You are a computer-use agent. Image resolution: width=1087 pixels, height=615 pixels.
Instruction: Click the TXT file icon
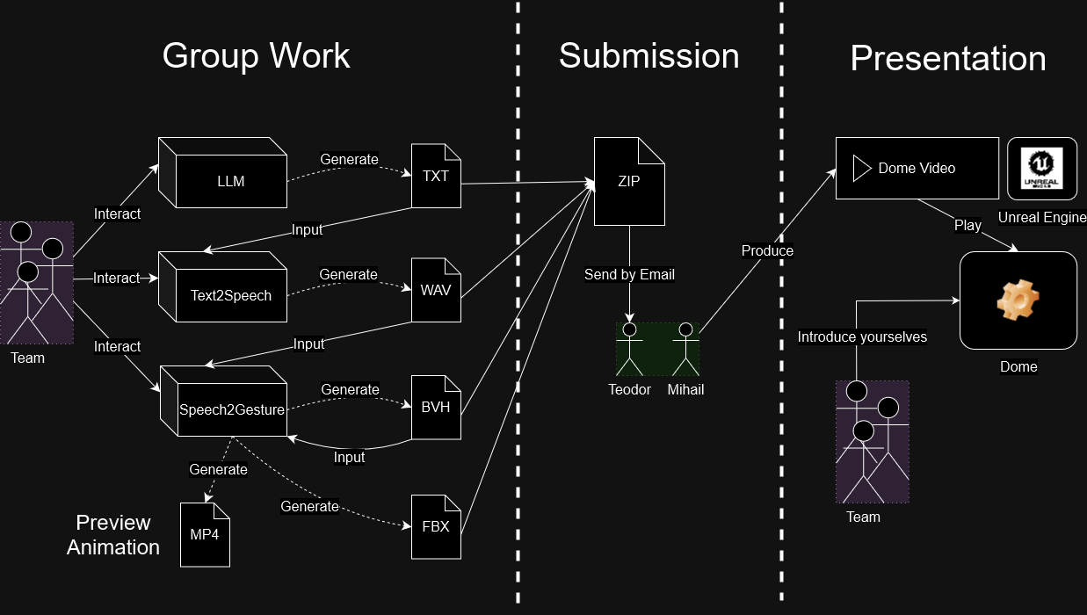(436, 176)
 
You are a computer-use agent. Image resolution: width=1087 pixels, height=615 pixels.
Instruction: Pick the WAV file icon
(436, 289)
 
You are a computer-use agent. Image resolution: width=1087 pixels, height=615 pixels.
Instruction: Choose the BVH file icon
(436, 407)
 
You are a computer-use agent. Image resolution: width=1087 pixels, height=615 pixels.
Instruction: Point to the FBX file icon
(436, 526)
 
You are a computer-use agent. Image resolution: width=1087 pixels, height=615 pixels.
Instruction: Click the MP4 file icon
(205, 534)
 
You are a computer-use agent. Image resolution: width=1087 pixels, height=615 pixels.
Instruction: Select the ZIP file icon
(629, 182)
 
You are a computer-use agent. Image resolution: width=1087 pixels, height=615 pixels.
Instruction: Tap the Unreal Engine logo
(1042, 169)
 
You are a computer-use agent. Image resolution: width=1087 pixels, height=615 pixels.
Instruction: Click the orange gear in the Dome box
(1018, 302)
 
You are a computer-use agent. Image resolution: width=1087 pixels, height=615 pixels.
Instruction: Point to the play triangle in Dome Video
(861, 168)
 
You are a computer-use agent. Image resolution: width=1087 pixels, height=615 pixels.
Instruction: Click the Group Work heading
(256, 55)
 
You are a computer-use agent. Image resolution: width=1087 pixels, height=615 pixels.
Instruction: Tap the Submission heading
(649, 55)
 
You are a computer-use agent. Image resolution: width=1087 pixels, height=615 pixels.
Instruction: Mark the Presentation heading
(947, 58)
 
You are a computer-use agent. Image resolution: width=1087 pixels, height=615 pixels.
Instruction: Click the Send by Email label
(629, 274)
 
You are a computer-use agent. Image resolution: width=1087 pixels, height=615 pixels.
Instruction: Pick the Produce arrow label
(767, 250)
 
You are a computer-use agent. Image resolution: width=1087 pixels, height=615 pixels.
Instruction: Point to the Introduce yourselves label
(861, 336)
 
